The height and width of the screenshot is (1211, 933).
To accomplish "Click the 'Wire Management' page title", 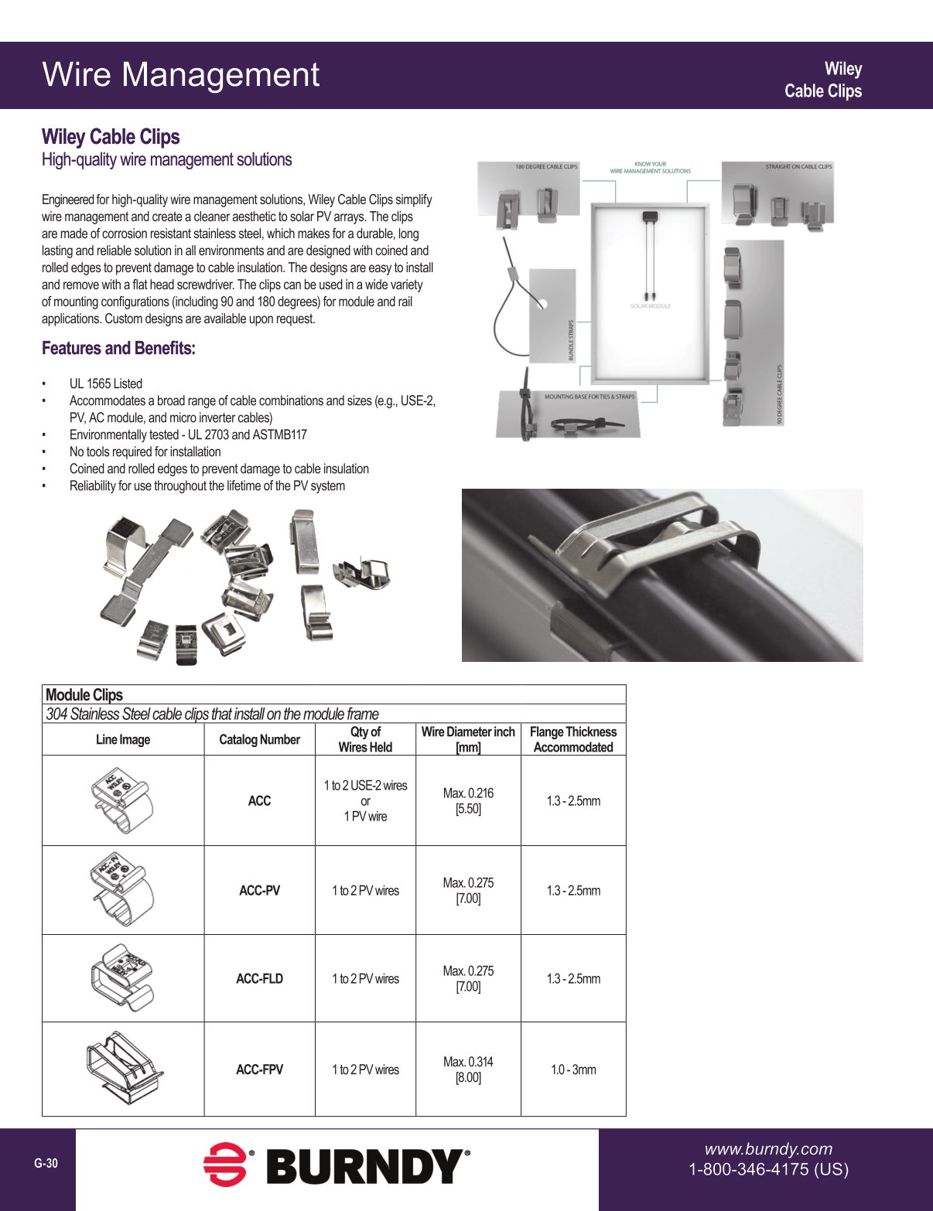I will coord(180,75).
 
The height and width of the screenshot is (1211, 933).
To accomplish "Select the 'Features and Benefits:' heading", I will coord(118,348).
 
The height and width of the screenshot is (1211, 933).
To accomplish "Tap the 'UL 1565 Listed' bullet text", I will coord(106,384).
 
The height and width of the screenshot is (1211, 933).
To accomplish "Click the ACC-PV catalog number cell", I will coord(259,890).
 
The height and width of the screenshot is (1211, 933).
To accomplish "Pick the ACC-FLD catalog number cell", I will coord(259,978).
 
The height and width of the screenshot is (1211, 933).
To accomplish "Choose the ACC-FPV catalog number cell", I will coord(259,1069).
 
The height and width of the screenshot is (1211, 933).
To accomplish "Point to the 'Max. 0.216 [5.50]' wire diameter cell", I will coord(468,800).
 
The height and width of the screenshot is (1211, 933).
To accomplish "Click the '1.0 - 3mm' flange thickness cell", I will coord(573,1069).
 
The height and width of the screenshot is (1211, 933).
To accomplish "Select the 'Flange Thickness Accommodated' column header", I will coord(573,739).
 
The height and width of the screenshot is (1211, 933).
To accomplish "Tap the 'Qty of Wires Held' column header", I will coord(365,739).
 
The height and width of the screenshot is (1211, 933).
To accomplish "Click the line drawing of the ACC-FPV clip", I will coord(124,1067).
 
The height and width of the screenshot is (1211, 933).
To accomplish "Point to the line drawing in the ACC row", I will coord(122,800).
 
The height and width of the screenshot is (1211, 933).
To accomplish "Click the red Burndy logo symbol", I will coord(225,1165).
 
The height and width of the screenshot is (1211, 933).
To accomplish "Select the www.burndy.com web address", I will coord(768,1149).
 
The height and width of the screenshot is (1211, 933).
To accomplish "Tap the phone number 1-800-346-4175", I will coord(768,1169).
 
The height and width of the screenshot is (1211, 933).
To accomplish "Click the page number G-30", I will coord(46,1164).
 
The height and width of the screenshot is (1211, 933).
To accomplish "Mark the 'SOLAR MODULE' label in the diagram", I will coord(651,306).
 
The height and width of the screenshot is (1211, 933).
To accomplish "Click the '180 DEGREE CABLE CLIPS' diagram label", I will coord(546,167).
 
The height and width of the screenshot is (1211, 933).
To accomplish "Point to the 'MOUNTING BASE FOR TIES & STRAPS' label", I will coord(590,397).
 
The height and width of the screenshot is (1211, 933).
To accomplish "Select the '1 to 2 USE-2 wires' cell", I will coord(365,786).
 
